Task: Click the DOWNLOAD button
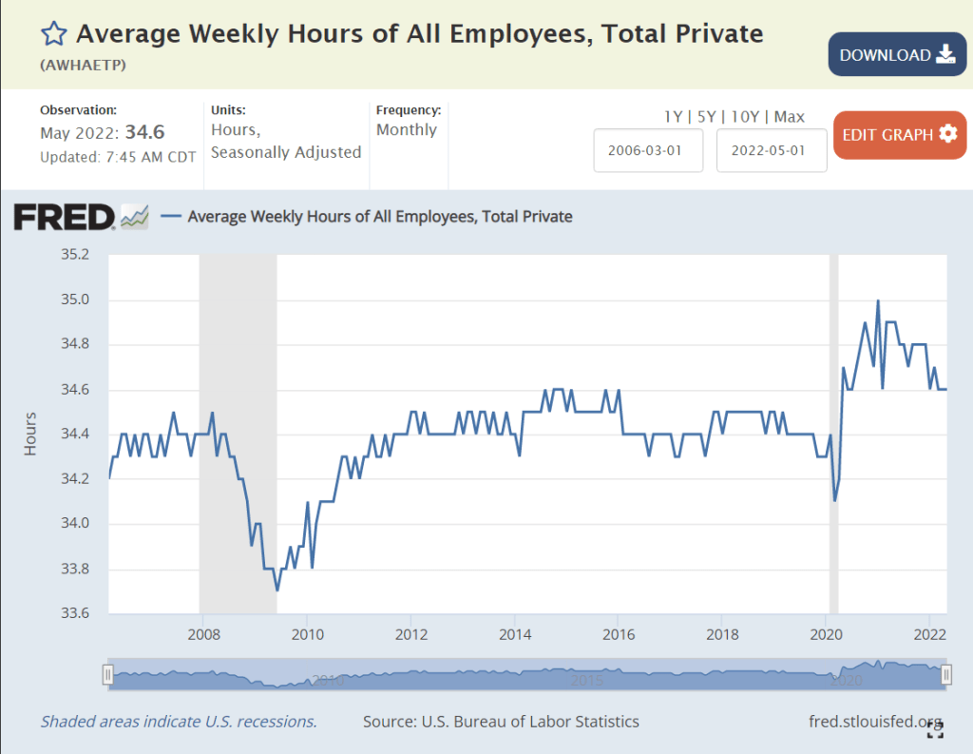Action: (x=897, y=55)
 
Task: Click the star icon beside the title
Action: (x=53, y=35)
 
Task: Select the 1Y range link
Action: (x=673, y=117)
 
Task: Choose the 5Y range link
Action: (x=707, y=117)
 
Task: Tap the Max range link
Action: (x=789, y=117)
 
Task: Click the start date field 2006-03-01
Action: (x=648, y=150)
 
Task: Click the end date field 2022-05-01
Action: (x=772, y=150)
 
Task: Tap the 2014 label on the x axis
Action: (x=514, y=633)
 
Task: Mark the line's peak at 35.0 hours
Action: (x=878, y=300)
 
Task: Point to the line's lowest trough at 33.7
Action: (x=277, y=590)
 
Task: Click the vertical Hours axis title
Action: (x=30, y=434)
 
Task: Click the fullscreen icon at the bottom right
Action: (x=935, y=729)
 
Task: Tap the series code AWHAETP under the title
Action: (x=84, y=66)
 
